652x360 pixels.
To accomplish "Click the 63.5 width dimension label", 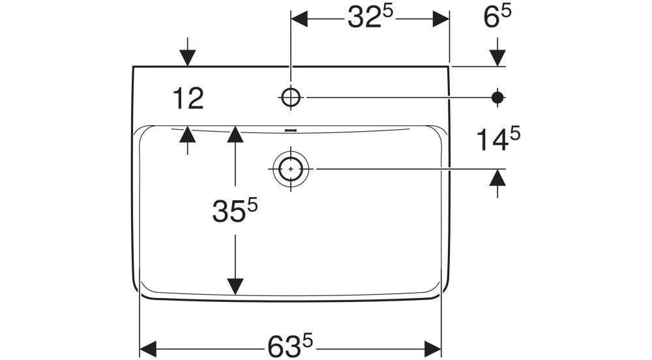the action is click(x=290, y=344).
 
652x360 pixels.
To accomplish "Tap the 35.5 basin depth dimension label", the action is click(x=235, y=211).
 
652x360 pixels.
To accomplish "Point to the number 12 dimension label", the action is click(x=188, y=99).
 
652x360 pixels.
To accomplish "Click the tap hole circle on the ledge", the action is click(x=291, y=97).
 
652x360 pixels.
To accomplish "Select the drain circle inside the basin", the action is click(x=290, y=169).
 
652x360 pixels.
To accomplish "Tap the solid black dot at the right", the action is click(x=497, y=97).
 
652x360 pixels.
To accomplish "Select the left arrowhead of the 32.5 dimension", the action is click(x=299, y=19).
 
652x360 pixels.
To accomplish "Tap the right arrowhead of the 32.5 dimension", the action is click(x=441, y=19).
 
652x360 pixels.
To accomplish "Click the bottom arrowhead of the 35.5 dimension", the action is click(x=235, y=286).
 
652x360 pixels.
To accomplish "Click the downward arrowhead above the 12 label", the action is click(x=188, y=59).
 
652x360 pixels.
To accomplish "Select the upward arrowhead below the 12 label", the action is click(x=188, y=134).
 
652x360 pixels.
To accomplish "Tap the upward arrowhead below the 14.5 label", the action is click(x=497, y=176).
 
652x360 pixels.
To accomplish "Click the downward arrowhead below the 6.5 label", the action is click(x=497, y=58).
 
